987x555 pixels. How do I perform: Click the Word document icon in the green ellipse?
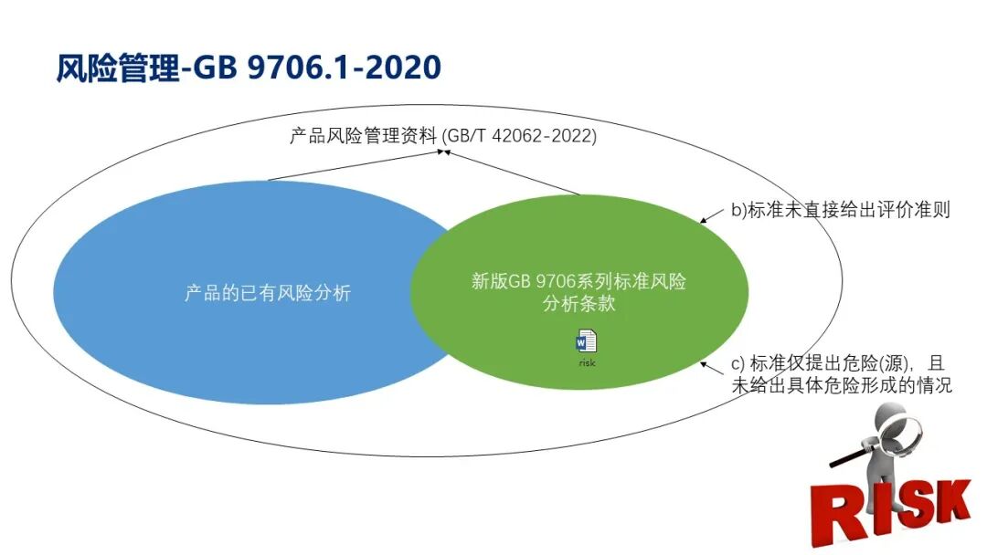click(x=586, y=341)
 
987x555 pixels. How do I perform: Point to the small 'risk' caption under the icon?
click(x=587, y=362)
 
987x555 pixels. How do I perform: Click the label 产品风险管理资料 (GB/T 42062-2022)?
click(x=443, y=137)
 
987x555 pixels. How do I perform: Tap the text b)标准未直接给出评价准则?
click(x=841, y=210)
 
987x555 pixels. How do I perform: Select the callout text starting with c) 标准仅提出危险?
click(x=842, y=373)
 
